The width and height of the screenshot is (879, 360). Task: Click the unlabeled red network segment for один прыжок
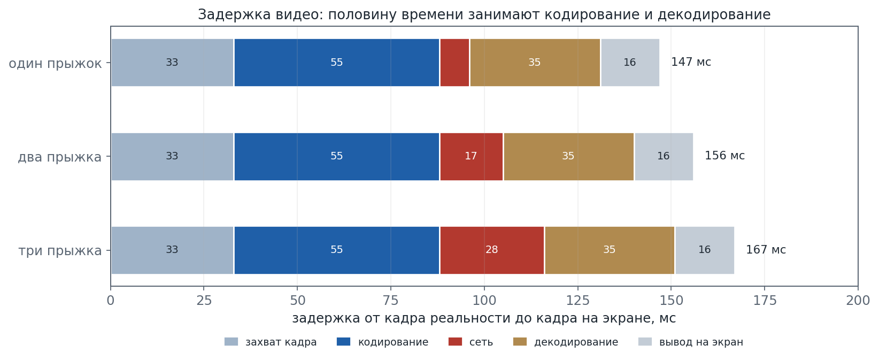point(454,63)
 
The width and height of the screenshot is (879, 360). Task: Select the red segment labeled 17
point(471,157)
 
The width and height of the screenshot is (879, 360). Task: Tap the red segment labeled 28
point(492,250)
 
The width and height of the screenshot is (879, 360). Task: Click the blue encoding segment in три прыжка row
point(337,250)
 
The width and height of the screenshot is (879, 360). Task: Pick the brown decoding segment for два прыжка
point(568,157)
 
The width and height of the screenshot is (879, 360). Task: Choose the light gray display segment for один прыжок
point(630,63)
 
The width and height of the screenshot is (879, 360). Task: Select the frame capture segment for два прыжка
point(172,157)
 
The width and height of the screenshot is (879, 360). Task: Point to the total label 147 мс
point(691,62)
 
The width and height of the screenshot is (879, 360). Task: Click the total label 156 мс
point(725,156)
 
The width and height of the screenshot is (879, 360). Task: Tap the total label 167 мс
point(766,250)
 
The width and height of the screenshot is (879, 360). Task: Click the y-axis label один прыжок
point(55,64)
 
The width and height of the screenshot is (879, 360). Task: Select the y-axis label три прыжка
point(60,251)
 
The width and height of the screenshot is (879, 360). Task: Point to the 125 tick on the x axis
point(577,301)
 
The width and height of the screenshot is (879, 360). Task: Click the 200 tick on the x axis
point(858,301)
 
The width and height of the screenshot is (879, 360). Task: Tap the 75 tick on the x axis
point(391,301)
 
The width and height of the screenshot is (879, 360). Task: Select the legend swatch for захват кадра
point(231,342)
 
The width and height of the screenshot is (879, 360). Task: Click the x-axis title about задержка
point(484,318)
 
